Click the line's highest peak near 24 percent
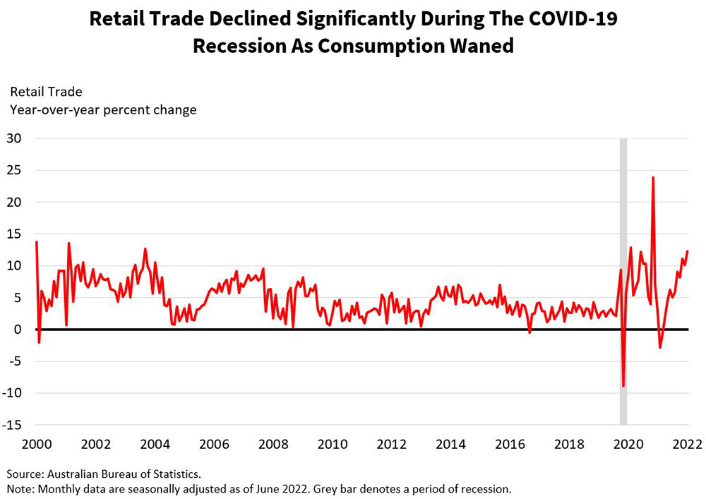(653, 177)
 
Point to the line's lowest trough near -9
(623, 386)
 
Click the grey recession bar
(623, 212)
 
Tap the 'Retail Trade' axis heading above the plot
(46, 92)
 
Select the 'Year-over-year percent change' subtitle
(103, 109)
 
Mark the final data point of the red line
(688, 251)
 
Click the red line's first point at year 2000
(36, 242)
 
